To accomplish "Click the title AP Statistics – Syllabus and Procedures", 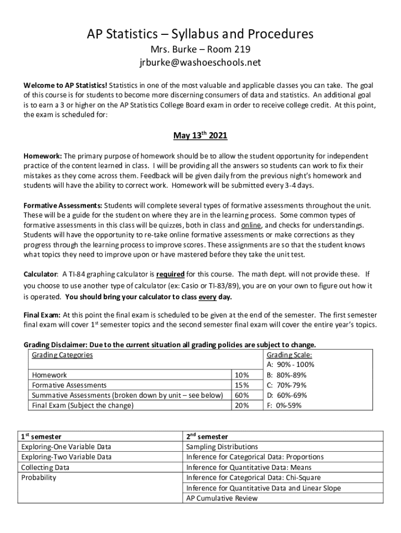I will click(x=200, y=34).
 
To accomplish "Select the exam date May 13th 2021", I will click(x=200, y=136).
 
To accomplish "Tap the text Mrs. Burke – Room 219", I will click(x=200, y=50).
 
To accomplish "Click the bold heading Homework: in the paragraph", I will click(x=43, y=156).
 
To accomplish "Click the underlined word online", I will click(x=252, y=225).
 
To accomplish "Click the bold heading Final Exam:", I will click(x=43, y=315).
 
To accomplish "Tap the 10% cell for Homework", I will click(x=242, y=375).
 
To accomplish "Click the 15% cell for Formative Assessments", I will click(x=242, y=385).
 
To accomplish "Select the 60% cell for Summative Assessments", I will click(x=242, y=395).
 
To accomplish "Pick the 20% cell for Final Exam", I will click(x=242, y=405).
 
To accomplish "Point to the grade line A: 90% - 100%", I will click(x=290, y=365).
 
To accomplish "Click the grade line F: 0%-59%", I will click(x=283, y=405).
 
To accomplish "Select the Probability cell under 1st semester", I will click(x=39, y=477).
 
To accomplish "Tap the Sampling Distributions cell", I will click(x=222, y=447).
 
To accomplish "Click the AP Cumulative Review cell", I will click(x=222, y=498).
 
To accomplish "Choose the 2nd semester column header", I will click(x=207, y=436).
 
